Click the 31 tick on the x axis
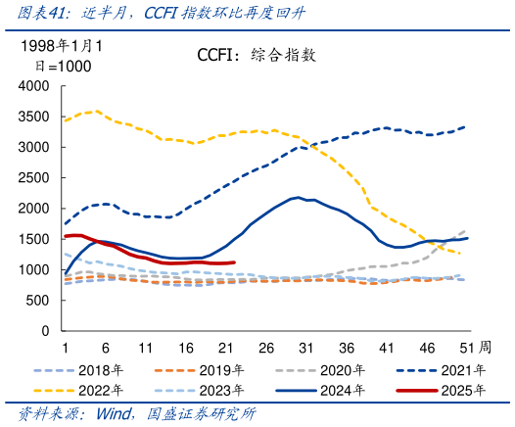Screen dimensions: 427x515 305,347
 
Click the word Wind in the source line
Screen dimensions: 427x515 114,414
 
